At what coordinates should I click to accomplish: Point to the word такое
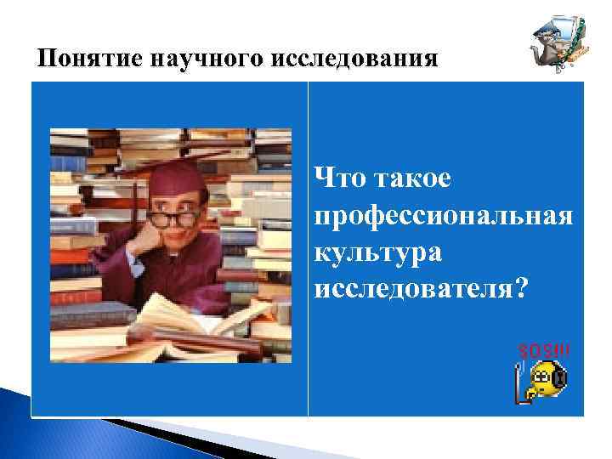(412, 179)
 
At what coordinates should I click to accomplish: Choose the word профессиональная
(442, 217)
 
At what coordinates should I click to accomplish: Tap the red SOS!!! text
(544, 350)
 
